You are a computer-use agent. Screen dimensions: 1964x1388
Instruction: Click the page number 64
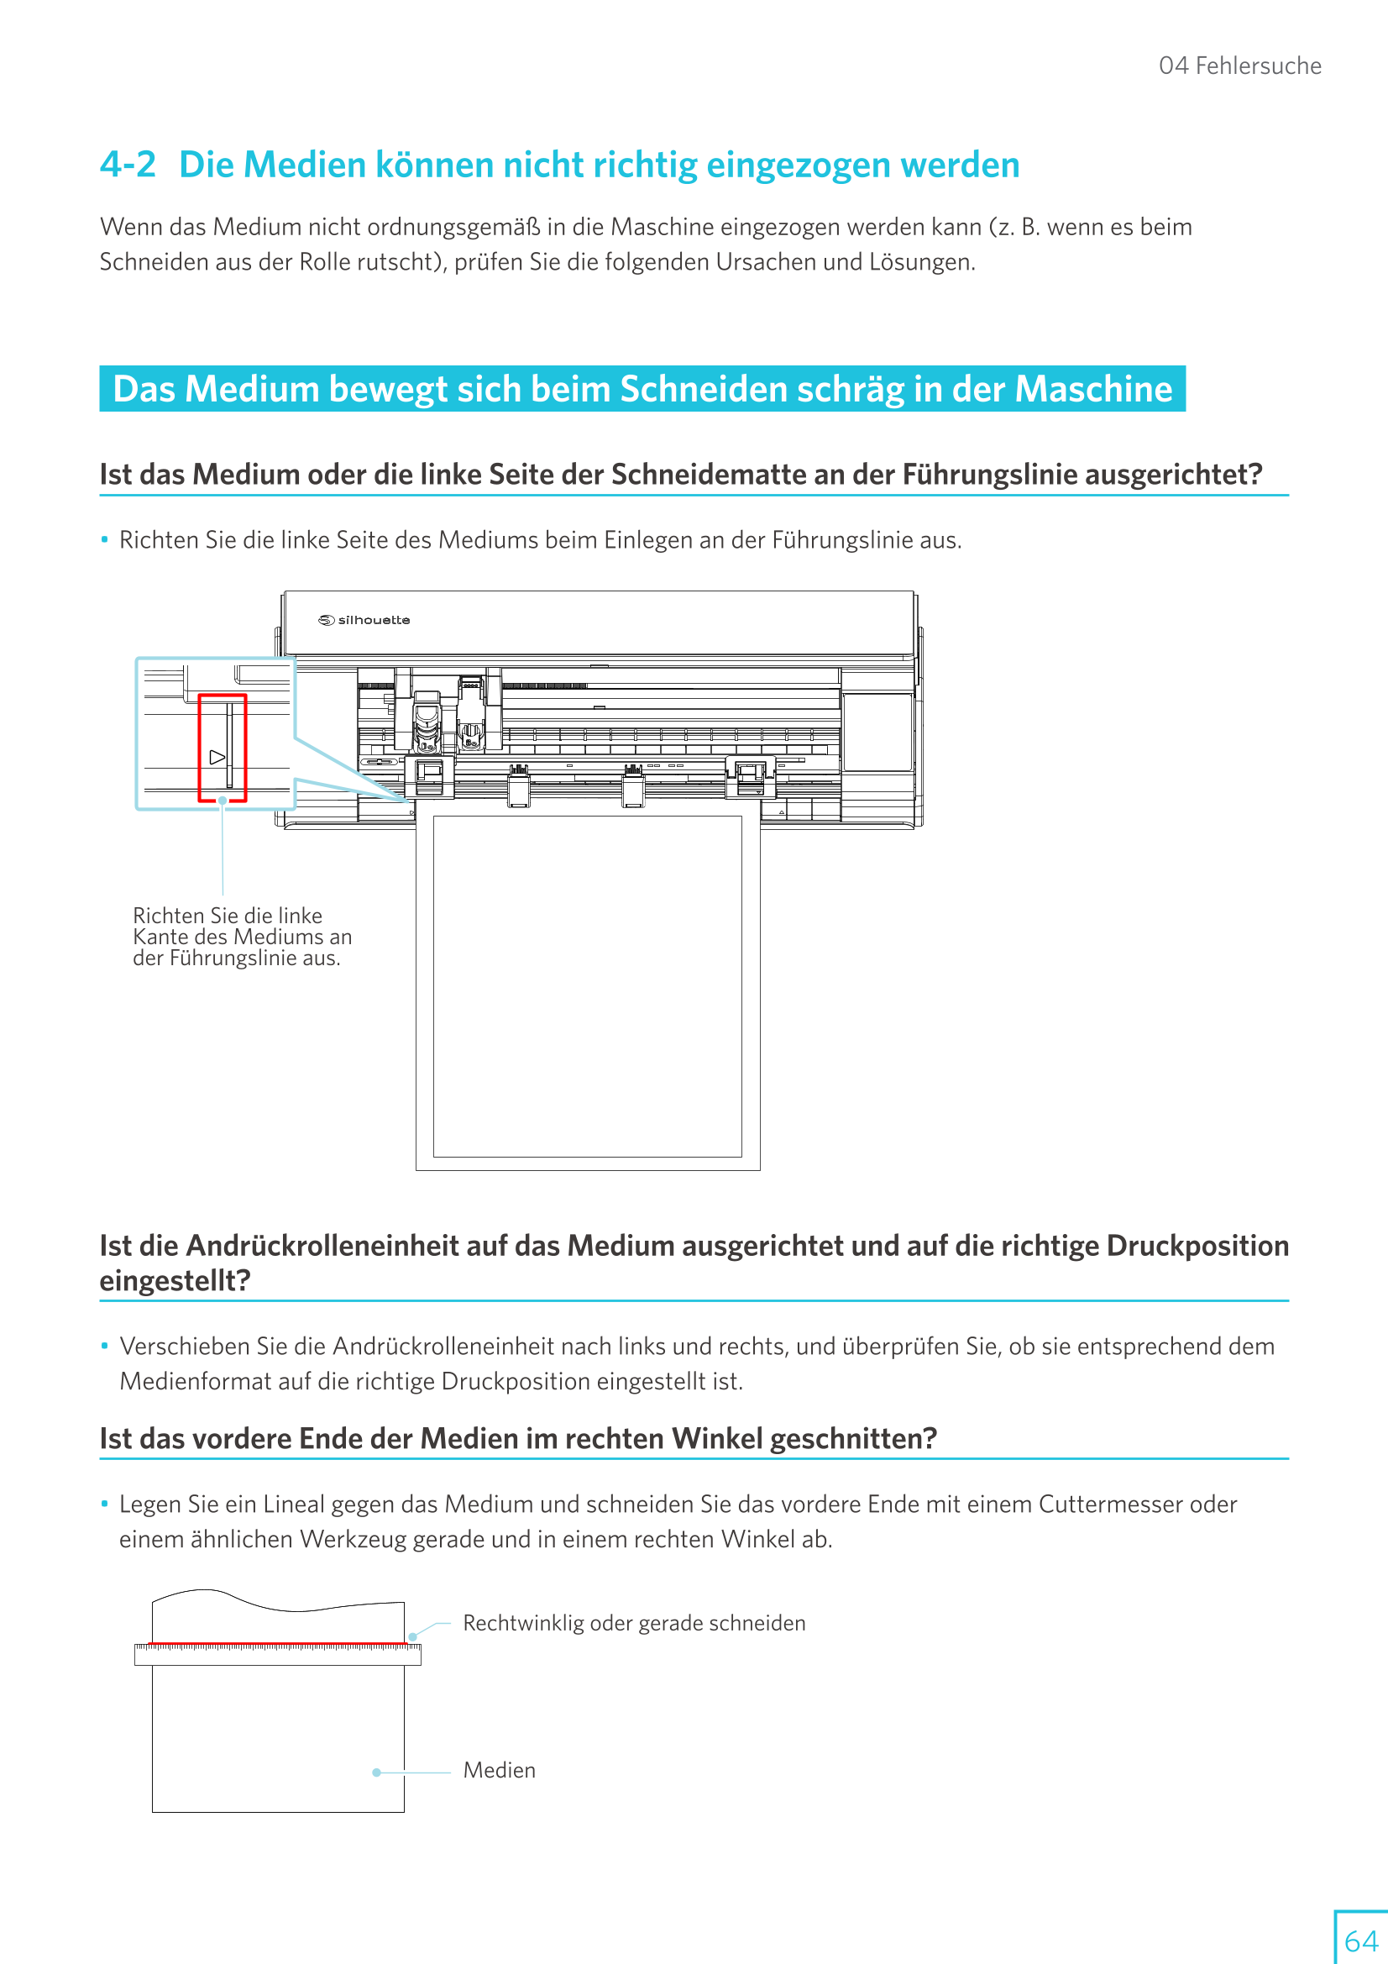click(1359, 1940)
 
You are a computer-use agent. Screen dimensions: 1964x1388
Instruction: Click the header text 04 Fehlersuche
click(1239, 66)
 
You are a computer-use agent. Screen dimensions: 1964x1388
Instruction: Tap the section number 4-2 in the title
click(128, 165)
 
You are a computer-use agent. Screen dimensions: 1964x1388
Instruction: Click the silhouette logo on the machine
click(364, 620)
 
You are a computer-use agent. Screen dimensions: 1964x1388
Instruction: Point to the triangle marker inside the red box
click(217, 757)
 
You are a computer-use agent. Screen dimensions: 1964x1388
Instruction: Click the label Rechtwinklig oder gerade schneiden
click(634, 1624)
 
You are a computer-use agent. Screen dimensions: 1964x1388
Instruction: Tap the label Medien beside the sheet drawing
click(500, 1771)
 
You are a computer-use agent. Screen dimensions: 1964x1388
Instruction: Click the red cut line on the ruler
click(278, 1644)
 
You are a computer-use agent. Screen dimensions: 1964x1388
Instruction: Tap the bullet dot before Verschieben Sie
click(104, 1347)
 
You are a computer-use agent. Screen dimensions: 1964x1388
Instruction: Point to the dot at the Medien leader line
click(376, 1772)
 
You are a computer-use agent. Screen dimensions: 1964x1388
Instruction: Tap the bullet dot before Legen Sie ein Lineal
click(104, 1505)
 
